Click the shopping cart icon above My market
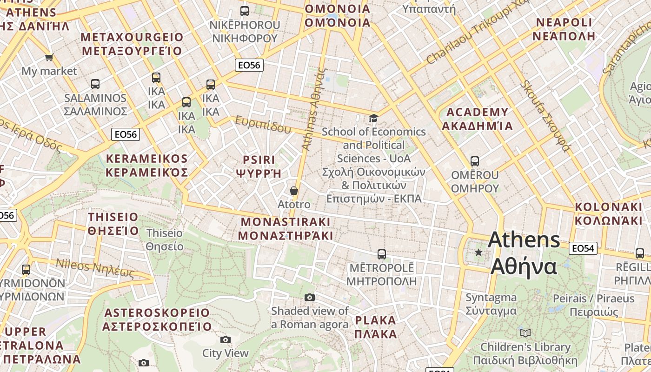tap(49, 58)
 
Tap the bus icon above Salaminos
tap(95, 84)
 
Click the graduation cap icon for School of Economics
tap(373, 118)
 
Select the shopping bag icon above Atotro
tap(294, 191)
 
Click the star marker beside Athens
tap(478, 252)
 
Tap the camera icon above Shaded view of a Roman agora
tap(310, 297)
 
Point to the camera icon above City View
tap(226, 339)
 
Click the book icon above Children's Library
tap(525, 333)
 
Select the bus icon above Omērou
tap(475, 161)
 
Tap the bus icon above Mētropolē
tap(382, 254)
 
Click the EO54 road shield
tap(583, 248)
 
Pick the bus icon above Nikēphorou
tap(245, 11)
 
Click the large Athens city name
tap(524, 239)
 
